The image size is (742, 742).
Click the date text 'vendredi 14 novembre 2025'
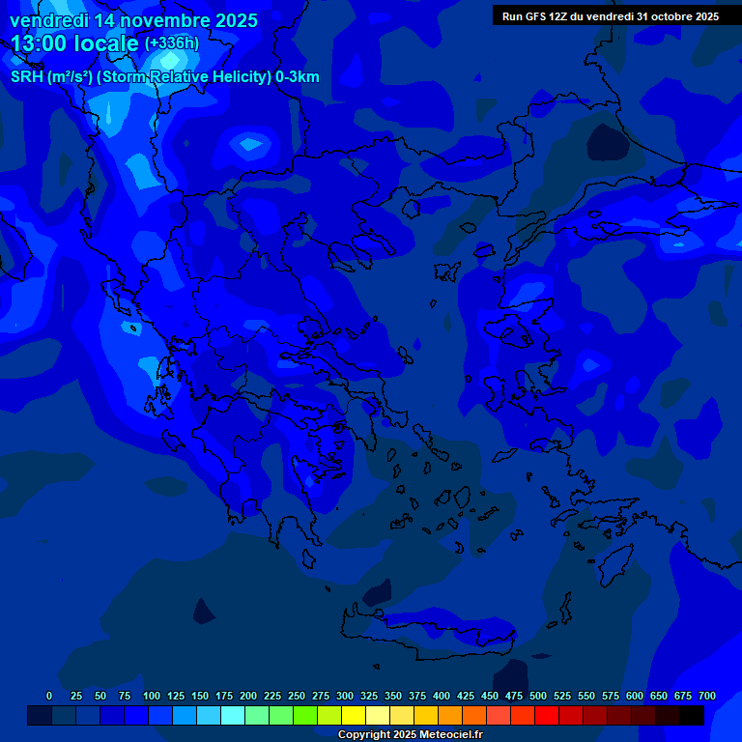133,20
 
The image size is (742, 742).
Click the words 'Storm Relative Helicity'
207,77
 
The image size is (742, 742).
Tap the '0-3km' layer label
298,77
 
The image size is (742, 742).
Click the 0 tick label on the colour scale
49,696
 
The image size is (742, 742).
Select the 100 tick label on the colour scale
152,696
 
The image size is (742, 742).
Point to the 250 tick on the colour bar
297,696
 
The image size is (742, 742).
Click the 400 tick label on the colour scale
442,696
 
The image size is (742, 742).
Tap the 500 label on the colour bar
538,696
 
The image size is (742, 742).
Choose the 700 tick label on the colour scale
707,696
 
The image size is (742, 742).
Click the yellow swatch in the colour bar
354,715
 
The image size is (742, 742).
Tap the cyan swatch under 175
233,715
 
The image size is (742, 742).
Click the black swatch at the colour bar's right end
692,715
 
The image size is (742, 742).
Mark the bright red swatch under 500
547,715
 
